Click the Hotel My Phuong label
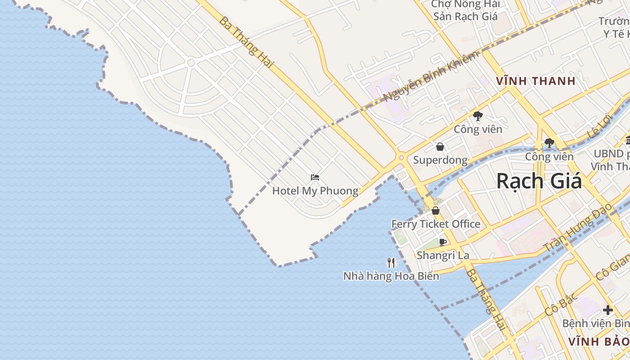315,191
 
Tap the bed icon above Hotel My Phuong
315,177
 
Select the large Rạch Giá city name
539,181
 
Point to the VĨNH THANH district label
535,81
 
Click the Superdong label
440,160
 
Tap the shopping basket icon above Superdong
440,147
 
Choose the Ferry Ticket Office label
436,224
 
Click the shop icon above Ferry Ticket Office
436,210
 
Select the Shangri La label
443,255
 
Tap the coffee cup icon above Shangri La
443,242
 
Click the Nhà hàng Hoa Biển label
391,276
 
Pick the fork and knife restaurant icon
391,262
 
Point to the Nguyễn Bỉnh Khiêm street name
431,77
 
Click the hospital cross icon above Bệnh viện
608,310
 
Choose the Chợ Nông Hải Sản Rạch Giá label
465,10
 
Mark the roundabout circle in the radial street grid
191,63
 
